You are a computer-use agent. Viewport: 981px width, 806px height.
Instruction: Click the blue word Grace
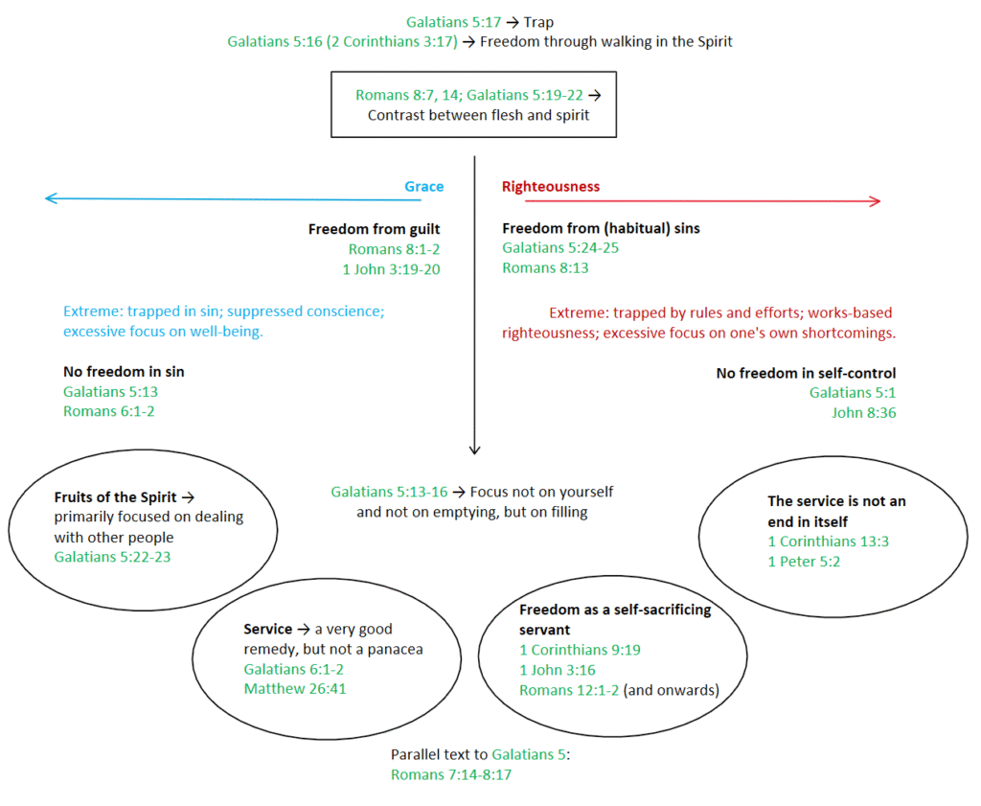(x=423, y=187)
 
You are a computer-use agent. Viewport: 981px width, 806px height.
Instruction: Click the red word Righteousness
(x=551, y=187)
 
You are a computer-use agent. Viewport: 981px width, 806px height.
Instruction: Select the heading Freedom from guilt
(x=375, y=229)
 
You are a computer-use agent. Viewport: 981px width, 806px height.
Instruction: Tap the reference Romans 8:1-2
(x=394, y=249)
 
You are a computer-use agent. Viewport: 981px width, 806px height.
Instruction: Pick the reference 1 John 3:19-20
(x=391, y=269)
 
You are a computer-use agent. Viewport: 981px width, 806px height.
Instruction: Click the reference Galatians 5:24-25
(x=560, y=248)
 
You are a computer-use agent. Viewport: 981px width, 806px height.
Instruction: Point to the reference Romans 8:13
(x=545, y=267)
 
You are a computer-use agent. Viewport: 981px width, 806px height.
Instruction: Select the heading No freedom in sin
(x=124, y=372)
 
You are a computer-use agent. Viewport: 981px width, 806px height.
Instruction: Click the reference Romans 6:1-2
(x=109, y=411)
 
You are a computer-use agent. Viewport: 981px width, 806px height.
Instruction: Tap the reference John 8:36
(x=864, y=412)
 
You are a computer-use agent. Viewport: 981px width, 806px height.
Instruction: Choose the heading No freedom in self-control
(x=806, y=373)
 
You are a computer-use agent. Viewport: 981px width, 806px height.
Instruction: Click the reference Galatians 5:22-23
(x=113, y=557)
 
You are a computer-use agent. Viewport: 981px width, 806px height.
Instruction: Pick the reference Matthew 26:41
(x=295, y=689)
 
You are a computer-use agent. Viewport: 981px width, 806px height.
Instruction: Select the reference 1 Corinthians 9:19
(x=580, y=650)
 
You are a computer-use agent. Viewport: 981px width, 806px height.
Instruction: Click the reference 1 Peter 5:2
(x=804, y=562)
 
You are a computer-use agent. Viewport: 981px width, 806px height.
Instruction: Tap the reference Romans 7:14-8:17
(x=451, y=774)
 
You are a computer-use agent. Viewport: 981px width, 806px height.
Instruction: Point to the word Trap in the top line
(x=538, y=23)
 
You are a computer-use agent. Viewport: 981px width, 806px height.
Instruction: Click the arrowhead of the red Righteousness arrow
(x=876, y=201)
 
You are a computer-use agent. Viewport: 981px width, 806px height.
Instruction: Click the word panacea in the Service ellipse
(x=395, y=650)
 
